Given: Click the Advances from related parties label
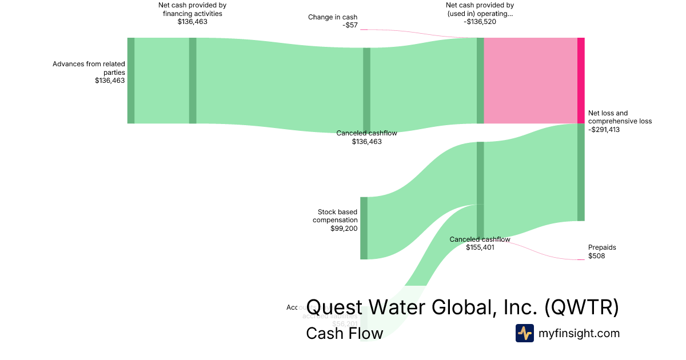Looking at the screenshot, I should click(89, 68).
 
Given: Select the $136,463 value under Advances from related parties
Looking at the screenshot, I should click(110, 81).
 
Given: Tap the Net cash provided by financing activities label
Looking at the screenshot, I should click(192, 9).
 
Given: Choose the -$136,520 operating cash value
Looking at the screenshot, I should click(480, 22).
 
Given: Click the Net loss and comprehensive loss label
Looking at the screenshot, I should click(620, 117).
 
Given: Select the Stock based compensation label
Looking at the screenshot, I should click(337, 216).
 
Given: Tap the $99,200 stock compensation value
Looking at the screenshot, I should click(344, 229).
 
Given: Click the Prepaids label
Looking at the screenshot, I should click(602, 247).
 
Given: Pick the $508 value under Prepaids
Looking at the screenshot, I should click(596, 256).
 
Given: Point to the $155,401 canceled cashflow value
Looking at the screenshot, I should click(480, 247).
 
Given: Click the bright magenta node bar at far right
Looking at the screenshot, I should click(581, 80).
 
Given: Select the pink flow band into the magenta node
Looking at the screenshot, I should click(530, 80).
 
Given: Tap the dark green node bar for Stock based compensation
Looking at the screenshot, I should click(364, 227).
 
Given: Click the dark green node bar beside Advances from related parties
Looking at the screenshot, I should click(131, 80).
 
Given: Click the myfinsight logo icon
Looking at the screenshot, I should click(524, 333).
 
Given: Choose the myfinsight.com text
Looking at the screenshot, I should click(579, 333).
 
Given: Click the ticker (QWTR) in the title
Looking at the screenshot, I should click(581, 307).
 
